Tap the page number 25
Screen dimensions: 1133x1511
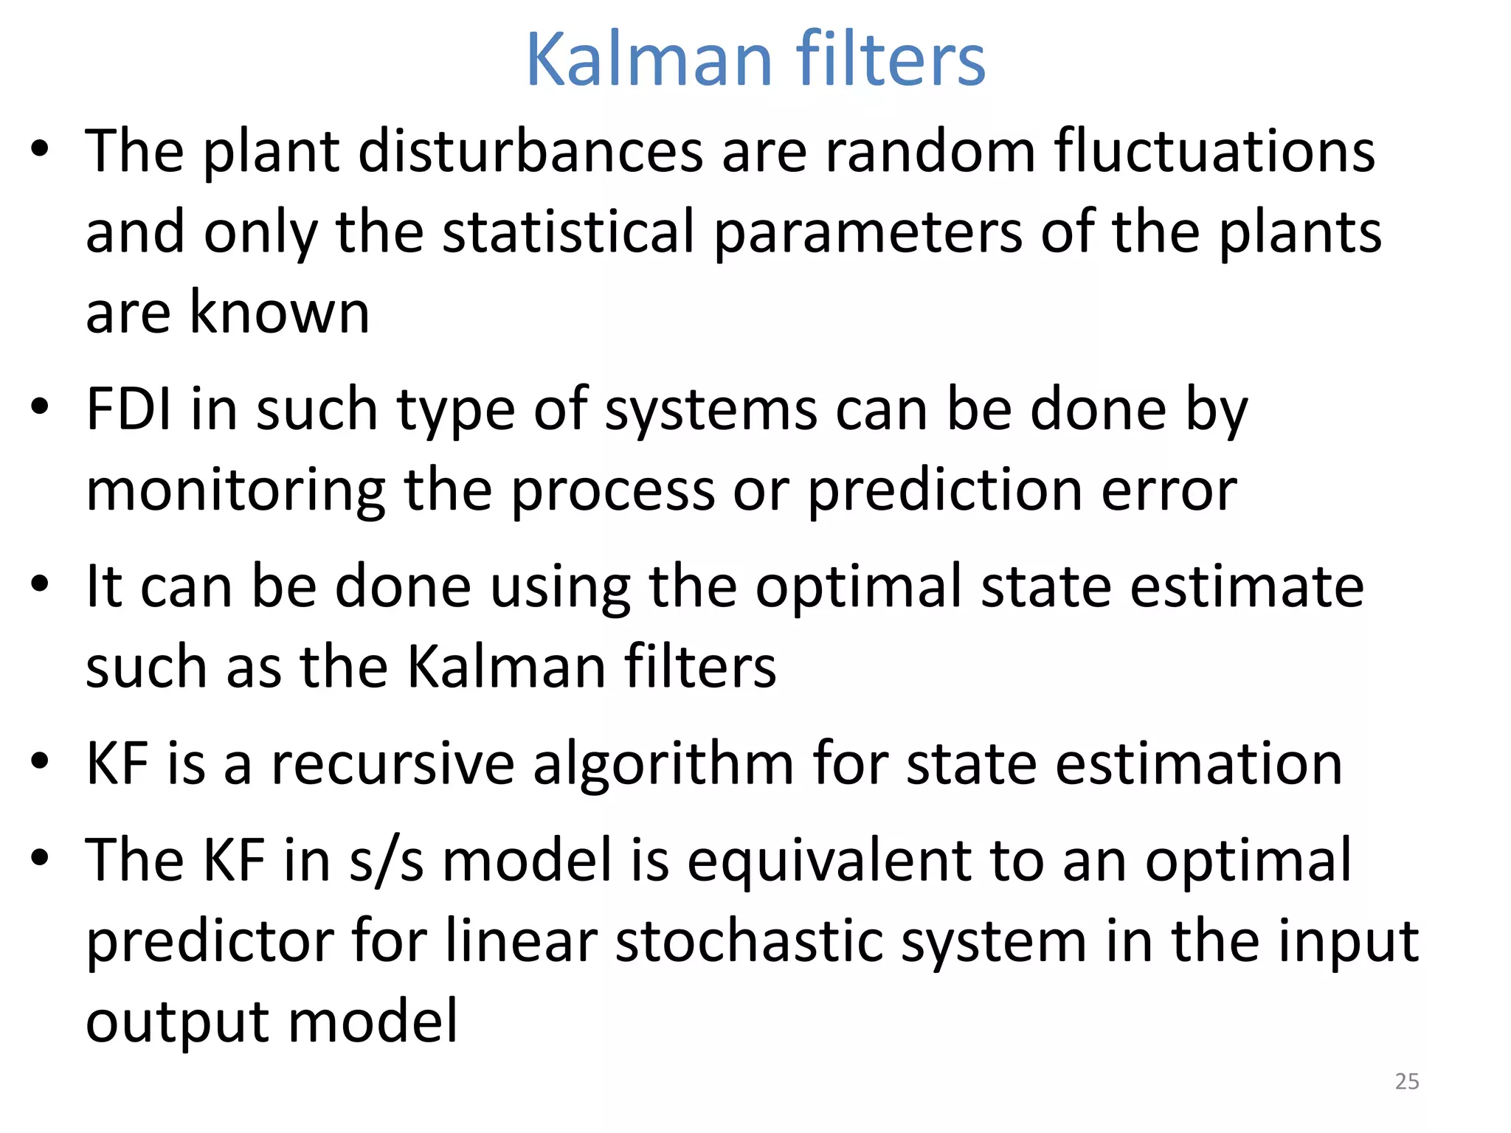point(1407,1081)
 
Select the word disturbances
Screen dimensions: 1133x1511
point(530,151)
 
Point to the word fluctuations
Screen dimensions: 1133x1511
point(1214,151)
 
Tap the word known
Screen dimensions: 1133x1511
point(280,312)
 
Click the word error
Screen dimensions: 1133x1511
point(1169,493)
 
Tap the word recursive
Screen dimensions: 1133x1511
point(393,763)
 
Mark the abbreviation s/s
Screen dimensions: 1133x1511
point(387,861)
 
